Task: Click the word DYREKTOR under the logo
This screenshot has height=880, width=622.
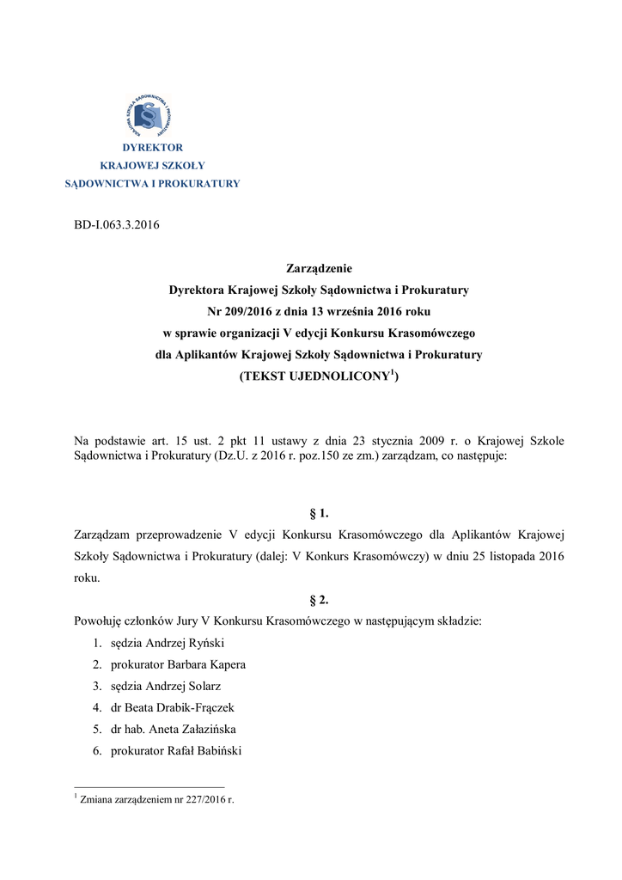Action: coord(152,148)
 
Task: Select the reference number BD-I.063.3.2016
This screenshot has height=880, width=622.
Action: coord(117,226)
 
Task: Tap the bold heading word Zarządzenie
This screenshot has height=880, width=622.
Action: coord(319,269)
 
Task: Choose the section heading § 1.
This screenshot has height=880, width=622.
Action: coord(319,514)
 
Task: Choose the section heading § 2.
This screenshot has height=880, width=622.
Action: coord(319,600)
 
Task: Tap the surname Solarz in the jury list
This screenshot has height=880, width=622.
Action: coord(213,686)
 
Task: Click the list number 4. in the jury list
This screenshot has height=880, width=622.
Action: coord(97,707)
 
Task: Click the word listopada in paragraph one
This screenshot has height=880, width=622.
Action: coord(504,556)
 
